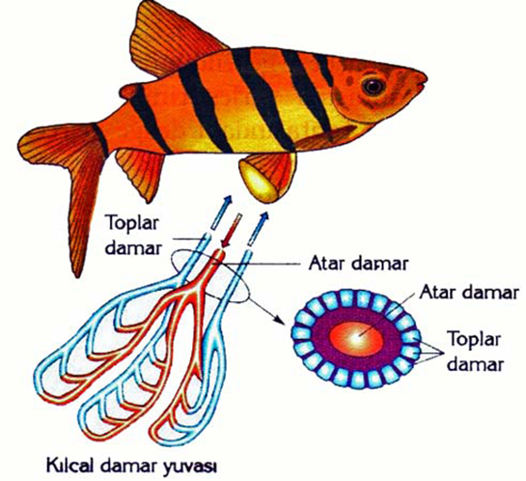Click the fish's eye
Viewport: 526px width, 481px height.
pos(374,86)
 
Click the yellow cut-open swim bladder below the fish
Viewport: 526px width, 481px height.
pos(259,183)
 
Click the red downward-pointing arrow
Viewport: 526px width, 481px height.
pos(231,233)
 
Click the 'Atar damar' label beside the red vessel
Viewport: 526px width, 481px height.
pos(358,264)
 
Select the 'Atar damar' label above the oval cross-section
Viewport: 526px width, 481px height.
pos(469,293)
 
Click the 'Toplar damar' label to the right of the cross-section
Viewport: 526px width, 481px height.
pos(475,352)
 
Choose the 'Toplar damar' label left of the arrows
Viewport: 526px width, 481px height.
pos(132,235)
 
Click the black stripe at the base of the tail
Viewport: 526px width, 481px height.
pos(100,140)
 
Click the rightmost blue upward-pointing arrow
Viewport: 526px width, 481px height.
pos(259,228)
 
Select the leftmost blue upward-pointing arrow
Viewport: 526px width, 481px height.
pos(221,212)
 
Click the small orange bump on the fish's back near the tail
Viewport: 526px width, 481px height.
pos(128,92)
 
